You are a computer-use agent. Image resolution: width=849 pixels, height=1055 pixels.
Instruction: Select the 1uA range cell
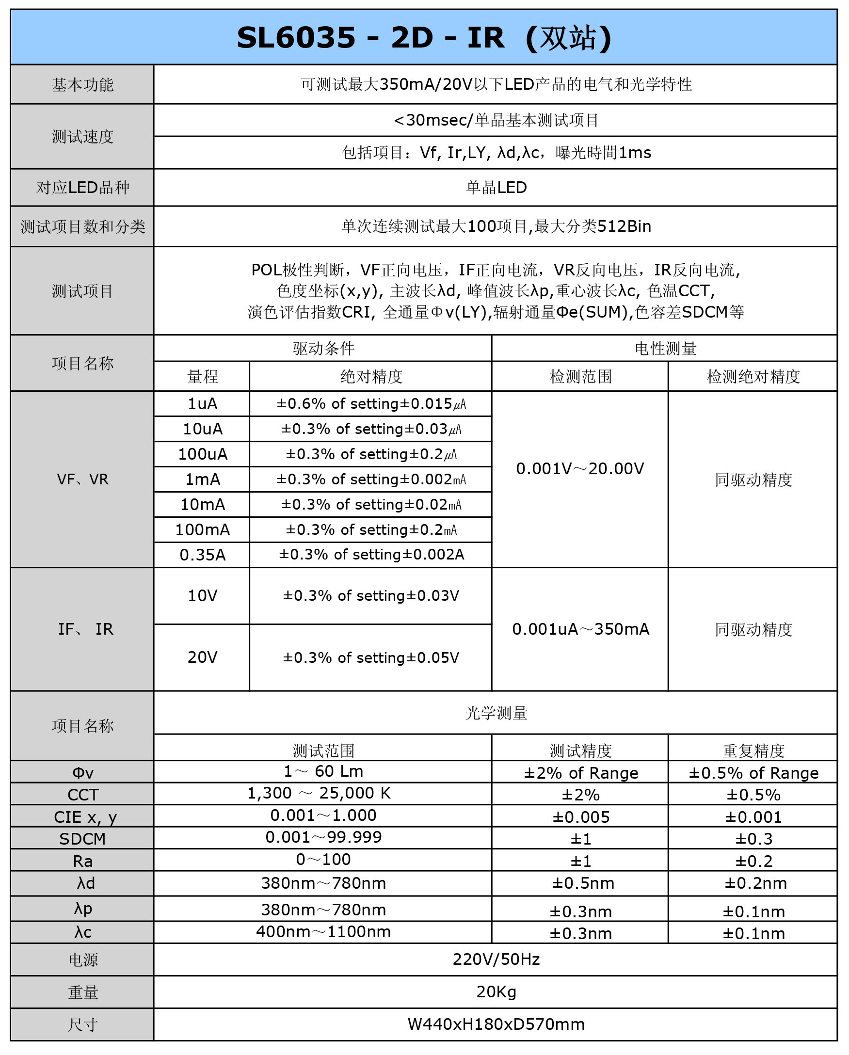pos(202,404)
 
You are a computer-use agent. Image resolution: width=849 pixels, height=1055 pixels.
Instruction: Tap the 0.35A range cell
pos(202,555)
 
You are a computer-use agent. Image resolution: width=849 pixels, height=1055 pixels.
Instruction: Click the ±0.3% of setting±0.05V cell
pos(370,657)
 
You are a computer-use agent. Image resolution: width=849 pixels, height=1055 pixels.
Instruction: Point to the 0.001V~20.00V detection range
pos(580,469)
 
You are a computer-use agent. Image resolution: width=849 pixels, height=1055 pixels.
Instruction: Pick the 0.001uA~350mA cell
pos(580,629)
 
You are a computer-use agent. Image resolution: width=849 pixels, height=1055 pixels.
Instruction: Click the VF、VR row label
pos(82,480)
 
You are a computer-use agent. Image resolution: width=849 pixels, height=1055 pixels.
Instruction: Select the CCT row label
pos(83,795)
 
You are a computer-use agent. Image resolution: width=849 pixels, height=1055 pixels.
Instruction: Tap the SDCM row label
pos(82,839)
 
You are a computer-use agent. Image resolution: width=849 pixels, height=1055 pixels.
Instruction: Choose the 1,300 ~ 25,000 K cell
pos(319,793)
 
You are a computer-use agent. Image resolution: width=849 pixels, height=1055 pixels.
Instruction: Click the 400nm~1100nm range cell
pos(323,932)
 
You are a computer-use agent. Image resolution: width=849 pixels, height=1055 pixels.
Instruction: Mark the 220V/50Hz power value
pos(496,959)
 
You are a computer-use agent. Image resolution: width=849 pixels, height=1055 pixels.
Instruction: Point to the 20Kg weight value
pos(496,992)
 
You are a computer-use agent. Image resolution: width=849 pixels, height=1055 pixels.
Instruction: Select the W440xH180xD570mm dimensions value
pos(496,1024)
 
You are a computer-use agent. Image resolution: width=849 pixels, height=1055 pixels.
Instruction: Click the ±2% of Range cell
pos(581,773)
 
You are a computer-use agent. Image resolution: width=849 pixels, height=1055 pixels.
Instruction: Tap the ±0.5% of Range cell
pos(753,773)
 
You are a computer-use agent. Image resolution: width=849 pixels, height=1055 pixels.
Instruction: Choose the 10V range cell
pos(202,596)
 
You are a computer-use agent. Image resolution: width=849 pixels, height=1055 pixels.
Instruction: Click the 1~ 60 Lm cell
pos(323,771)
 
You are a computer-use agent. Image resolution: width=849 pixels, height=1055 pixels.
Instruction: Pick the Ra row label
pos(82,861)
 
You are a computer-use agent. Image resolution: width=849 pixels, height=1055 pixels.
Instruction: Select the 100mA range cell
pos(202,529)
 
